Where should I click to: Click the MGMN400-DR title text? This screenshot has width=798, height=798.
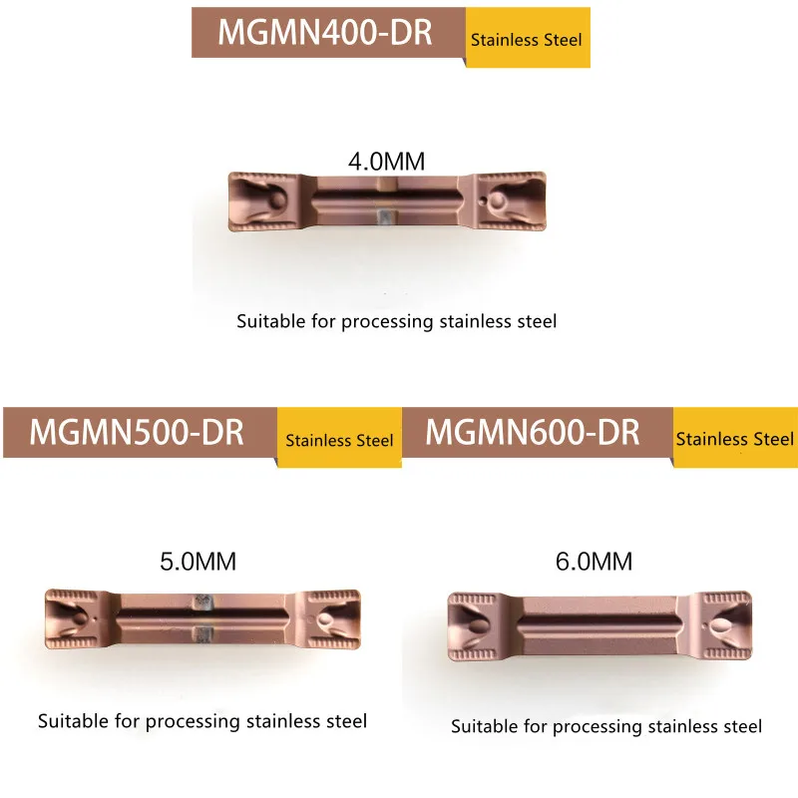pyautogui.click(x=325, y=32)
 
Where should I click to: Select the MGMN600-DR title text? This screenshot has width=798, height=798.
pyautogui.click(x=533, y=432)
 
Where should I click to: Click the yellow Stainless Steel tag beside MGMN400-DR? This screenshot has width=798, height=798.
pyautogui.click(x=527, y=40)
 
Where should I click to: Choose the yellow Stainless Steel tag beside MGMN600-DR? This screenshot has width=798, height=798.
pyautogui.click(x=735, y=439)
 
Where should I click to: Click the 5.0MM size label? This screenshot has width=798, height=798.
pyautogui.click(x=199, y=561)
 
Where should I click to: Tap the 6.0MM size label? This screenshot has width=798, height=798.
pyautogui.click(x=596, y=562)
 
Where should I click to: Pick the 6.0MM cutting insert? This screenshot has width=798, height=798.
pyautogui.click(x=598, y=625)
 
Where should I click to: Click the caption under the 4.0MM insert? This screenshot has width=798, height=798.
pyautogui.click(x=396, y=321)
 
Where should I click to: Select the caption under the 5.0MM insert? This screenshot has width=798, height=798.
pyautogui.click(x=202, y=720)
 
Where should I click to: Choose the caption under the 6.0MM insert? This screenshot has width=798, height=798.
pyautogui.click(x=606, y=726)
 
